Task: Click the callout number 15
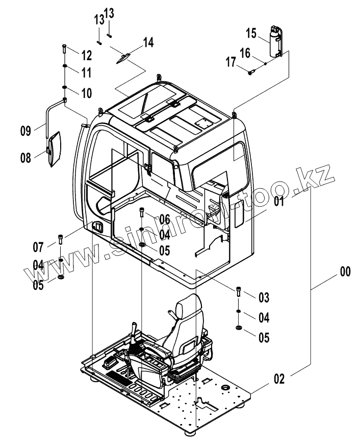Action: (x=251, y=34)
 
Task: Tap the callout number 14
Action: (x=148, y=42)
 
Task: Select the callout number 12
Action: (x=86, y=54)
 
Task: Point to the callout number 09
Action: (x=26, y=131)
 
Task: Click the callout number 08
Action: (x=26, y=158)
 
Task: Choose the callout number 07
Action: (x=38, y=247)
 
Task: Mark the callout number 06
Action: (x=164, y=219)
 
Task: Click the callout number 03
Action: (x=264, y=297)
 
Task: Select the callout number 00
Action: (x=345, y=272)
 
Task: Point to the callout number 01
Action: (x=278, y=201)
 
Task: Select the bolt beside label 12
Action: (x=64, y=49)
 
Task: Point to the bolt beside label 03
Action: (x=239, y=293)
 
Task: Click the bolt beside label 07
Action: (x=61, y=238)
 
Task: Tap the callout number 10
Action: (x=86, y=93)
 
